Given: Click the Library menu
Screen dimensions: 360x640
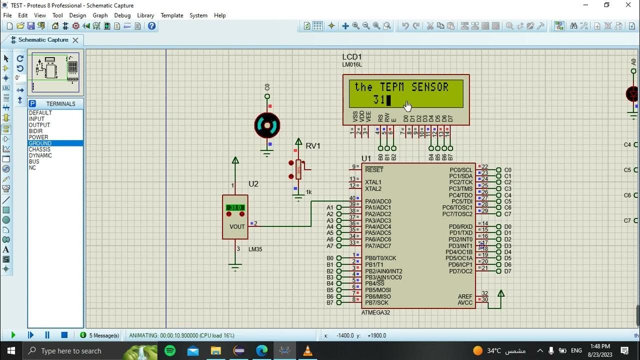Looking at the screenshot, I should pyautogui.click(x=145, y=15).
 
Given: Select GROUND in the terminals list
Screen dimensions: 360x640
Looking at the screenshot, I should pyautogui.click(x=40, y=143).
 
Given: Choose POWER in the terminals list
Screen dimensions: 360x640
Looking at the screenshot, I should pyautogui.click(x=38, y=137).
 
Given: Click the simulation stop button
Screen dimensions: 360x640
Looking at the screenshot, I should pyautogui.click(x=64, y=335).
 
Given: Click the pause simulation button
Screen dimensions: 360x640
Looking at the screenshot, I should pyautogui.click(x=47, y=335).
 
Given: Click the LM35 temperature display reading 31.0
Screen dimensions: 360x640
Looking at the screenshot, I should pyautogui.click(x=235, y=207).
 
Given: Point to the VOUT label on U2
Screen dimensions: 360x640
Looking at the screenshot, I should pyautogui.click(x=237, y=226).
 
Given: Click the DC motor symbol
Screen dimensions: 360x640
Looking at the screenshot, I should pyautogui.click(x=267, y=125).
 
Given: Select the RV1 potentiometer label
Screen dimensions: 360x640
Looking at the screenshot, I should pyautogui.click(x=313, y=146).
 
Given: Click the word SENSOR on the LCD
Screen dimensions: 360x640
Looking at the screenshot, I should pyautogui.click(x=430, y=87).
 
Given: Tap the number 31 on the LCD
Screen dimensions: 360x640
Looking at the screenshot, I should pyautogui.click(x=378, y=100).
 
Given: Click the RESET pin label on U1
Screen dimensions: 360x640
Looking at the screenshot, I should pyautogui.click(x=374, y=170).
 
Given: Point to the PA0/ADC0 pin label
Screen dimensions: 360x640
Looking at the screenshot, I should pyautogui.click(x=378, y=201).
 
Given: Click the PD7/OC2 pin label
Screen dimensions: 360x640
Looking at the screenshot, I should pyautogui.click(x=460, y=271).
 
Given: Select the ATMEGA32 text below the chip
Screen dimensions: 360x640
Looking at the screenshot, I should pyautogui.click(x=375, y=312).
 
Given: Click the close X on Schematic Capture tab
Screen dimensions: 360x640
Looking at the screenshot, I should pyautogui.click(x=75, y=40).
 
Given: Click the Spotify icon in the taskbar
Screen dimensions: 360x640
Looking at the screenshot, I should pyautogui.click(x=170, y=350).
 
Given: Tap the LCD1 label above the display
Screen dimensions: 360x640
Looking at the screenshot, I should pyautogui.click(x=352, y=57).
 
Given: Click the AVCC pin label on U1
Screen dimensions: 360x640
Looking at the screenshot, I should pyautogui.click(x=465, y=302).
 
